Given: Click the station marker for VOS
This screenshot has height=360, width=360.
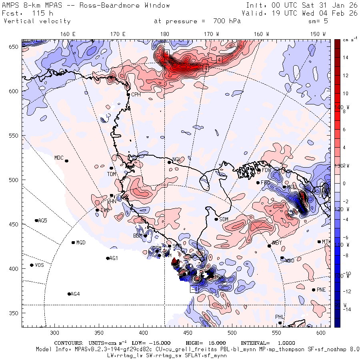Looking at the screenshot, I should pyautogui.click(x=32, y=265).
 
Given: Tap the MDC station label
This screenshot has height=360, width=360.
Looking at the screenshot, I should pyautogui.click(x=59, y=158).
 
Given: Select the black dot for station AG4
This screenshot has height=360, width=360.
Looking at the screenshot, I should pyautogui.click(x=69, y=294).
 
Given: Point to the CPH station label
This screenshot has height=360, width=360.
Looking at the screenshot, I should pyautogui.click(x=136, y=95).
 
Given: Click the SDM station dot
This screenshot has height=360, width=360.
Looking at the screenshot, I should pyautogui.click(x=216, y=219).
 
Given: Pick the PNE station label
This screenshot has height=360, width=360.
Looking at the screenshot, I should pyautogui.click(x=321, y=290).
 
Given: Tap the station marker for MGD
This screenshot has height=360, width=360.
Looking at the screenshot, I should pyautogui.click(x=73, y=242).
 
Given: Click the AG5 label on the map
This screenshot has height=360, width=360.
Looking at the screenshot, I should pyautogui.click(x=42, y=220).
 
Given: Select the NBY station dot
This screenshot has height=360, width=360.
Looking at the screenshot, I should pyautogui.click(x=269, y=246).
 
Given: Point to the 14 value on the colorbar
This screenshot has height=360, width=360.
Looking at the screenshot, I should pyautogui.click(x=345, y=57).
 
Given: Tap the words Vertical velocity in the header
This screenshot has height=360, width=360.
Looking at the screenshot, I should pyautogui.click(x=37, y=21).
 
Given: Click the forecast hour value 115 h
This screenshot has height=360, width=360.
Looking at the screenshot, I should pyautogui.click(x=39, y=13).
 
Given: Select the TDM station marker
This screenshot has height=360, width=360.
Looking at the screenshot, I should pyautogui.click(x=111, y=168).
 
